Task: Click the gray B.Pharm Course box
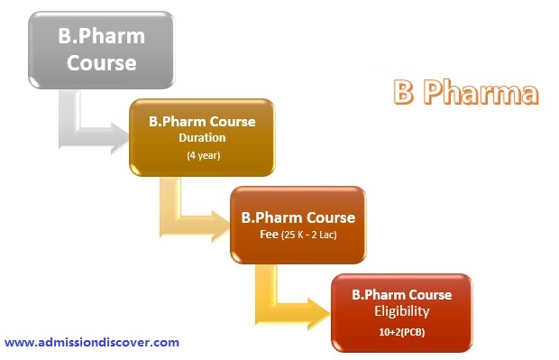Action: tap(101, 51)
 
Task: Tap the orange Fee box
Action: tap(298, 225)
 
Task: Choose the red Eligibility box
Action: tap(400, 312)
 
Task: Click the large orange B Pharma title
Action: tap(465, 92)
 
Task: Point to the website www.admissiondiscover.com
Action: tap(92, 342)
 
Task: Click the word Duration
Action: tap(202, 138)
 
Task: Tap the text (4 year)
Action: tap(202, 156)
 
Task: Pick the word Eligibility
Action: tap(400, 311)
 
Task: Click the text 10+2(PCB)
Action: tap(400, 333)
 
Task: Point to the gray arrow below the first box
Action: tap(86, 126)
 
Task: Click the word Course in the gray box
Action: tap(101, 64)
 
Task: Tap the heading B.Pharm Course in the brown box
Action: tap(202, 121)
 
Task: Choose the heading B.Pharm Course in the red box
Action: tap(401, 294)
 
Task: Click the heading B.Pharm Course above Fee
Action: tap(298, 217)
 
